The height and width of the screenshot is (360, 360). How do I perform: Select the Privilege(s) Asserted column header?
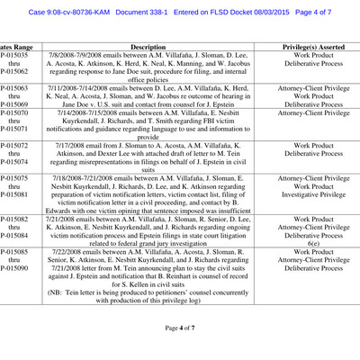click(314, 45)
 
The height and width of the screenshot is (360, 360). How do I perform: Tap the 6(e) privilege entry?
click(314, 243)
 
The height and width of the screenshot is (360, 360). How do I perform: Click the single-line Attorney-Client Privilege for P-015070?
click(314, 114)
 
